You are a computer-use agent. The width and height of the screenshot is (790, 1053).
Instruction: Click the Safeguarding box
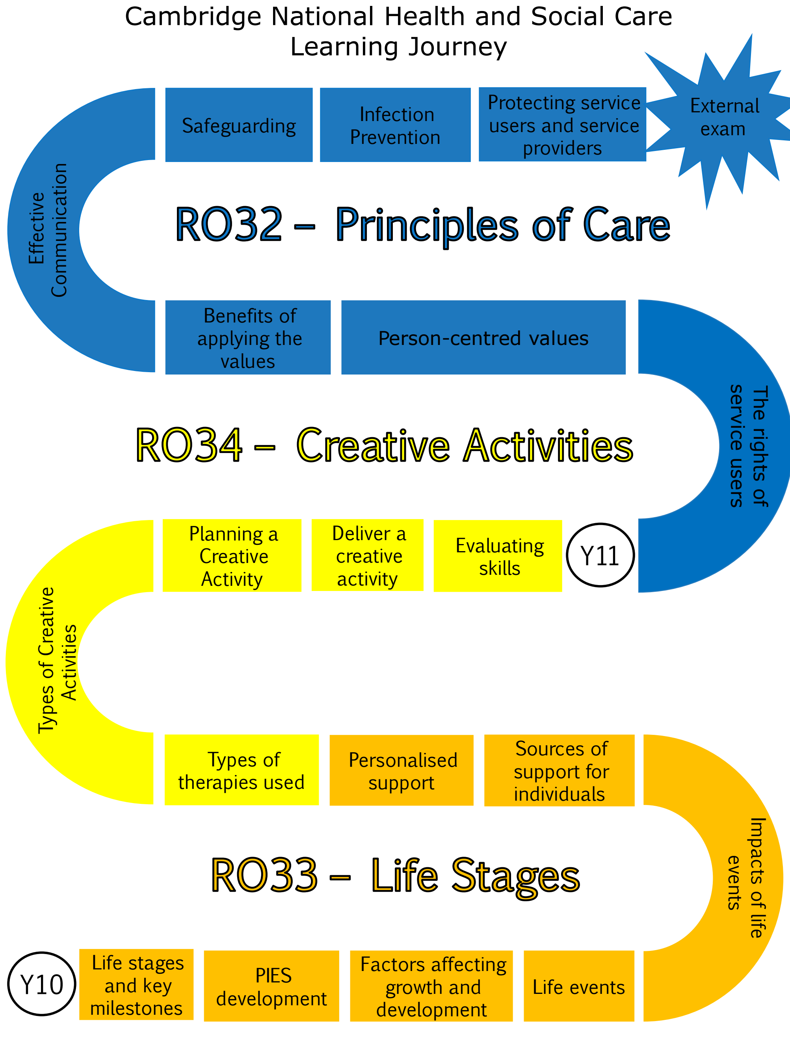238,125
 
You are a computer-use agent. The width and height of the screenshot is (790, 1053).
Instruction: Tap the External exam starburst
724,117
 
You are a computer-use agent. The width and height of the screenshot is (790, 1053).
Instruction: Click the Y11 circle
600,555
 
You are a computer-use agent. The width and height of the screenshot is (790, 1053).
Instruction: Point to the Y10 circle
42,984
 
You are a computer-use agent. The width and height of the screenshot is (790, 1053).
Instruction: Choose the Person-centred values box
483,337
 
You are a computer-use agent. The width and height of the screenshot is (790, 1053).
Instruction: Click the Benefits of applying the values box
247,337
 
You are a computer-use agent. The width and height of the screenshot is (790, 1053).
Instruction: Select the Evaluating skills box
498,556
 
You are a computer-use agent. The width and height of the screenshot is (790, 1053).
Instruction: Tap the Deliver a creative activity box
367,555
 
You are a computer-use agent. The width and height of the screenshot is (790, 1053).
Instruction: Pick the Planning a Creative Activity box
232,555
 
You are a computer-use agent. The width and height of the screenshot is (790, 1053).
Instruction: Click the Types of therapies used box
241,770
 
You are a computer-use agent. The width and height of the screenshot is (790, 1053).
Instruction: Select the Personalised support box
401,771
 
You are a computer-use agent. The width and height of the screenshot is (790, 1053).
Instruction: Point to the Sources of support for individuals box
559,771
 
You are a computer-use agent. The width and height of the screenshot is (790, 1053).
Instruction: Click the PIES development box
271,986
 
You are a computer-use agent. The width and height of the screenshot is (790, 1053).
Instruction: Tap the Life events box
579,986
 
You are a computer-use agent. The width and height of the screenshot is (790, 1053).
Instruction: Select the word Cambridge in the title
193,17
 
